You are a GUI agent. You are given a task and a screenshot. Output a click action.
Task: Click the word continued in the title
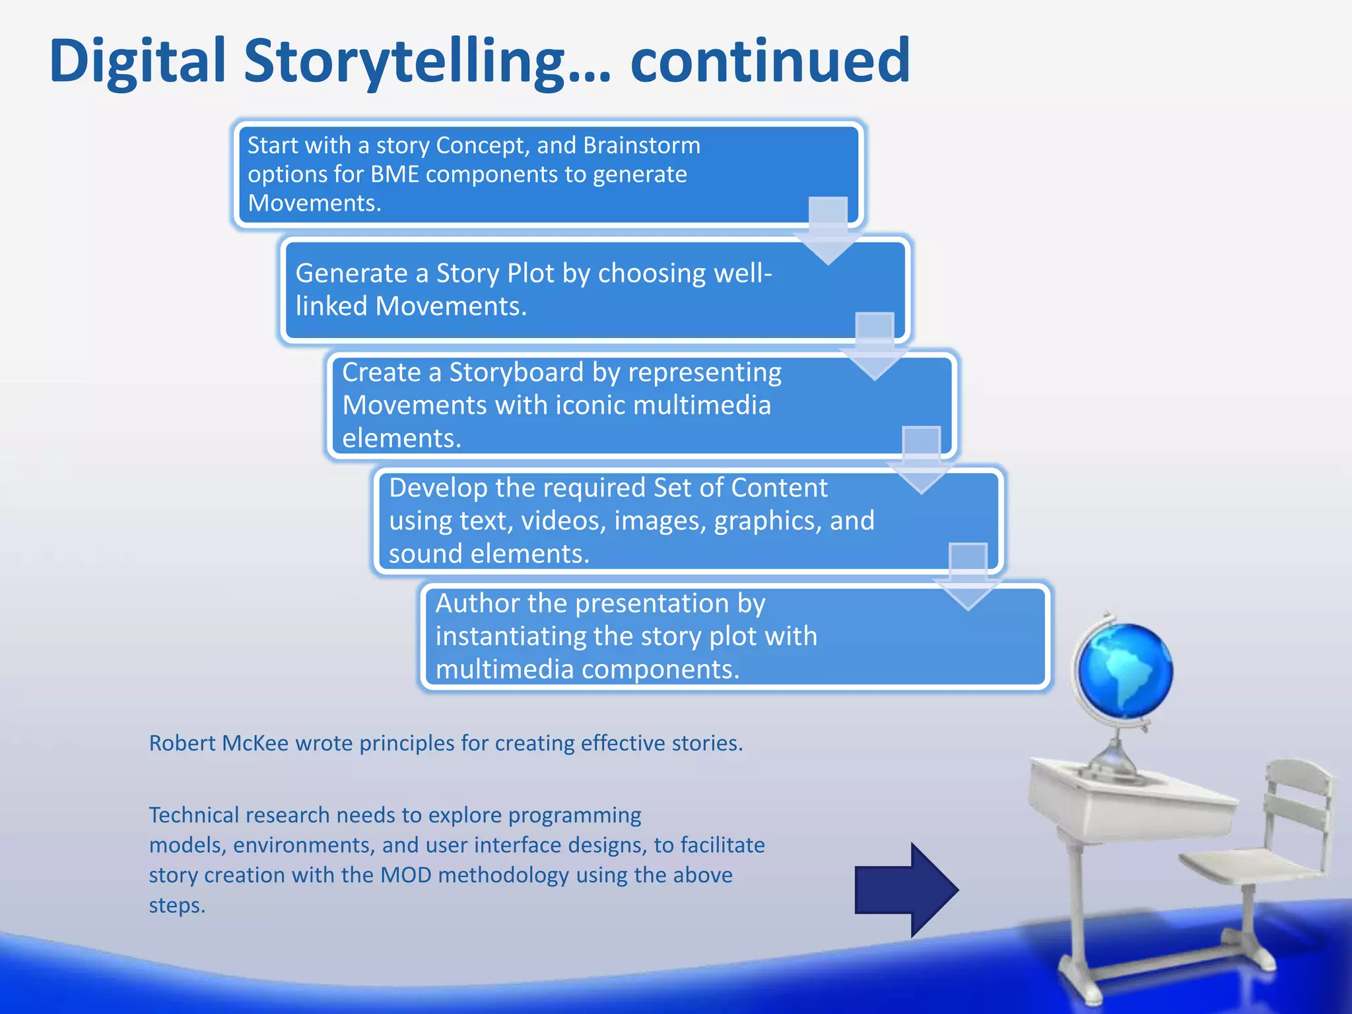(x=770, y=61)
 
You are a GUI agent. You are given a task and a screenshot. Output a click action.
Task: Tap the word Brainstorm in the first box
(x=642, y=145)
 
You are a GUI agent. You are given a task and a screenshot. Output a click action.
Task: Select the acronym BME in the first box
(x=395, y=174)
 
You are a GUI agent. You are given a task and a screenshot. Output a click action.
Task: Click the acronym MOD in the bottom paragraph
(x=406, y=875)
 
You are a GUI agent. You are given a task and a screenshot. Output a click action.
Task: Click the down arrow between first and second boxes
(x=828, y=231)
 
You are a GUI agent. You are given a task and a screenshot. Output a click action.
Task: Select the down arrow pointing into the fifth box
(x=968, y=577)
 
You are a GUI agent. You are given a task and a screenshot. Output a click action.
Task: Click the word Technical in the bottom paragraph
(x=193, y=815)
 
